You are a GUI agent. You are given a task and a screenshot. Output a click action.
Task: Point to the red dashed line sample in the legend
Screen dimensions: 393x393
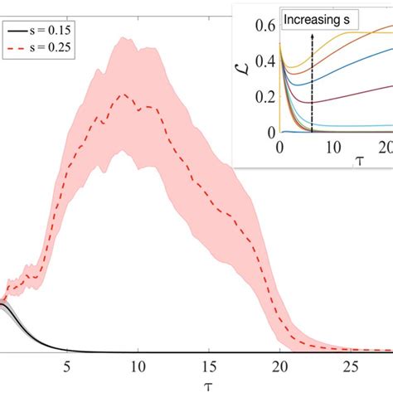point(17,48)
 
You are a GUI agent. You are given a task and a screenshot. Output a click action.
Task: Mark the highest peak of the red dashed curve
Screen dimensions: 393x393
point(124,95)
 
